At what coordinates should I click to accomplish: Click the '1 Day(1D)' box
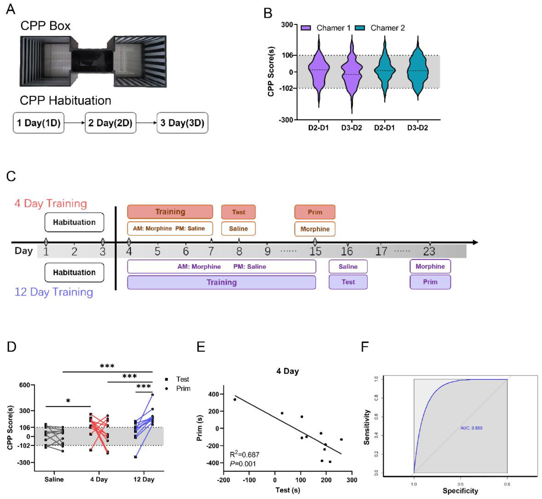38,123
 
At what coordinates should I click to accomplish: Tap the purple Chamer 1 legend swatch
306,28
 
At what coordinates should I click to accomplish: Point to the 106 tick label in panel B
287,55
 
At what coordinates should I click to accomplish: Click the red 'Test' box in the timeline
238,212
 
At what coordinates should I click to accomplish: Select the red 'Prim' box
315,212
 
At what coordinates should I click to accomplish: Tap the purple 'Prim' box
430,282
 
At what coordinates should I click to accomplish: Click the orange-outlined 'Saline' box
238,229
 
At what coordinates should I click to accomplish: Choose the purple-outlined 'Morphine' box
430,267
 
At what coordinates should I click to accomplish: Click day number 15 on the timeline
315,251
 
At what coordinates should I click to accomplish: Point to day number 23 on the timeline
429,251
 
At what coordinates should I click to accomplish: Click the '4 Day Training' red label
51,203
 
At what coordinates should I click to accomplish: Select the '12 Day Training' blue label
54,292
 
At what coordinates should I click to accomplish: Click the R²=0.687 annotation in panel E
244,455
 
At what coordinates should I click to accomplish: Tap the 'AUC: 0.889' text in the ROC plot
471,428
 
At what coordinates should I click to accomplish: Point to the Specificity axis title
460,491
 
